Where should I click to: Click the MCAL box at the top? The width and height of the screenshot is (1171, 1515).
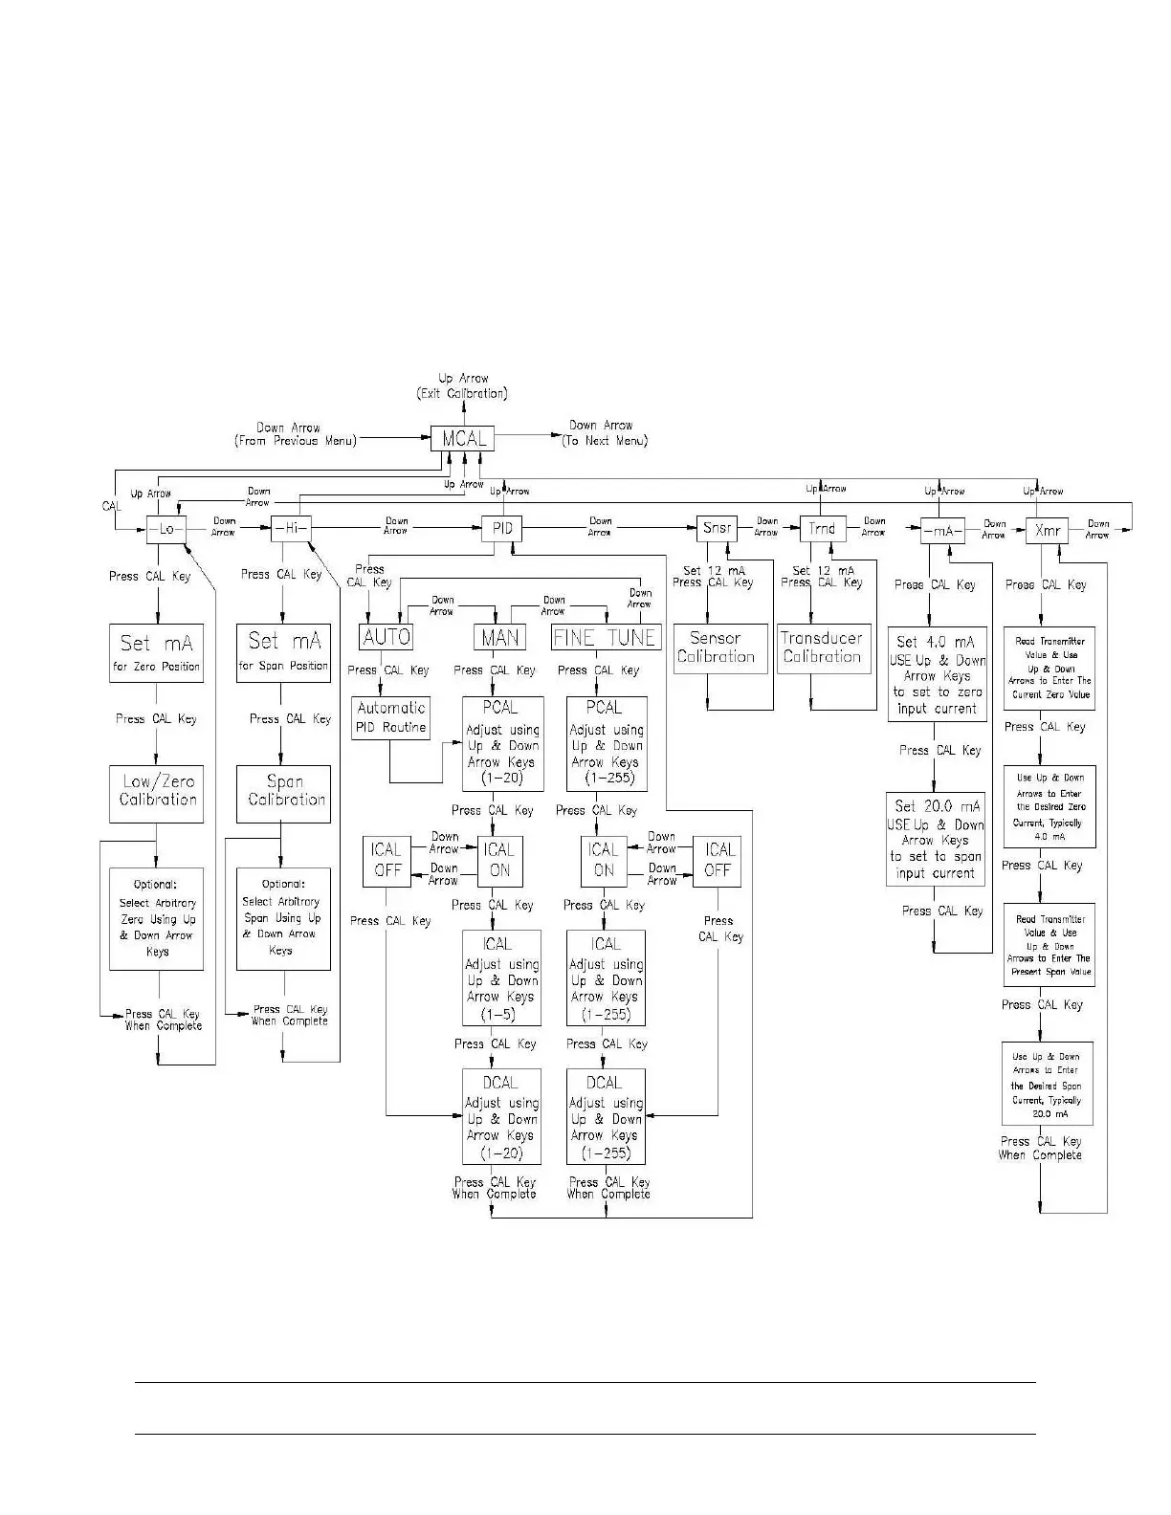click(463, 439)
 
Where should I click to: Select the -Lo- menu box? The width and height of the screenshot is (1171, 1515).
click(166, 529)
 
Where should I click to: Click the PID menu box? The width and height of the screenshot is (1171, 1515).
click(502, 528)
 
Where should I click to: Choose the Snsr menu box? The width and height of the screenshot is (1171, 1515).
click(717, 528)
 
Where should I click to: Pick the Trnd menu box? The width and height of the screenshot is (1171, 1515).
click(822, 528)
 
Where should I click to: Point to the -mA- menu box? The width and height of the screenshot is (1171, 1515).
click(941, 530)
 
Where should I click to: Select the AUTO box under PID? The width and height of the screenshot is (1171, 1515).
click(387, 637)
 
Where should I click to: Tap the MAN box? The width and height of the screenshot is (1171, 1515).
click(499, 637)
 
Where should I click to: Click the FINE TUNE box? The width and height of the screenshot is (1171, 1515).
click(606, 637)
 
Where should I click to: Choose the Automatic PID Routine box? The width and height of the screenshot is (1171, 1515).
click(391, 717)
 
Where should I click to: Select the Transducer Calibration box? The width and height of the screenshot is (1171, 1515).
click(823, 648)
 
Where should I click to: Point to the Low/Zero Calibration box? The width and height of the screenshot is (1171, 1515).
click(157, 792)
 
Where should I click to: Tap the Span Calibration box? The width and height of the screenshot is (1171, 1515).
click(283, 792)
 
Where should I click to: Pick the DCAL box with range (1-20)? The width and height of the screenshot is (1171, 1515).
click(501, 1116)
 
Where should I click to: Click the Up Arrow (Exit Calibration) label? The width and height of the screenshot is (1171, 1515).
click(462, 386)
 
